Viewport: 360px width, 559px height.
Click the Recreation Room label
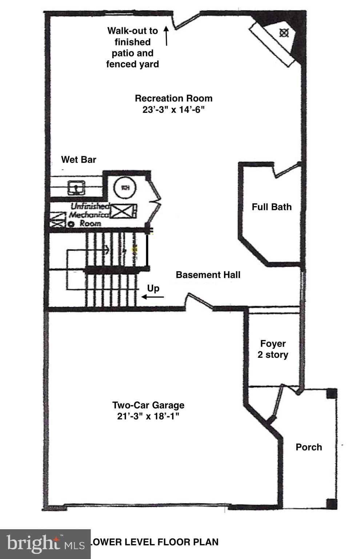173,98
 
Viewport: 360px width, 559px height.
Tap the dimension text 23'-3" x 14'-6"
173,110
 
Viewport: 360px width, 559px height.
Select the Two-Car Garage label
148,405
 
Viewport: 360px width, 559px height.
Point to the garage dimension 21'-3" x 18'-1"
148,416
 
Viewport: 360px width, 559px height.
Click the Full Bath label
272,207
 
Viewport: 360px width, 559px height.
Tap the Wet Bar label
79,159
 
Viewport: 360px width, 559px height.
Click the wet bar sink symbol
76,188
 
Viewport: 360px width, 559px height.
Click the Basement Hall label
208,275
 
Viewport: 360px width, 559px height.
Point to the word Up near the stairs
153,288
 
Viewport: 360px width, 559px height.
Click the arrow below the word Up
152,297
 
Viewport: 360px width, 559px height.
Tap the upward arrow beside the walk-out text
167,36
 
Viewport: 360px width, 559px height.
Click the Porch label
309,447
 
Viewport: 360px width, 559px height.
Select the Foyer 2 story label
273,349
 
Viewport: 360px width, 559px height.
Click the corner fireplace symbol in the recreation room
284,33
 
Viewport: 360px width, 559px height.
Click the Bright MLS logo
44,543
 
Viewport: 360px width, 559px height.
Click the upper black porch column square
331,394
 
